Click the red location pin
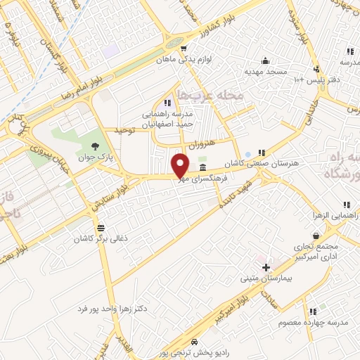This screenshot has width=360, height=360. [180, 165]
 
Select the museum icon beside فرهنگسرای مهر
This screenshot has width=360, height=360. [202, 167]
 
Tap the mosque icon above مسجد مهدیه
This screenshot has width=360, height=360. [264, 60]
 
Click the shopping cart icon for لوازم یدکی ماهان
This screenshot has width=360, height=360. [183, 49]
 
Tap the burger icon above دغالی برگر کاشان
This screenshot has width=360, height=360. [101, 228]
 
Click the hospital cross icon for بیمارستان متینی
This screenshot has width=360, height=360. [266, 267]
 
